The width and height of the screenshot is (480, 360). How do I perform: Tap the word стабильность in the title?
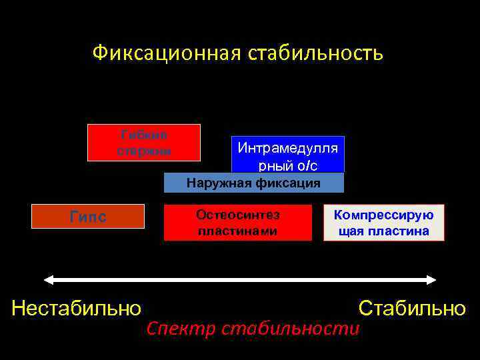[315, 52]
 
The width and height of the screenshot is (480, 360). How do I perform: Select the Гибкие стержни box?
[144, 143]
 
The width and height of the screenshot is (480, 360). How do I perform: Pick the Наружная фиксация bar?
[254, 183]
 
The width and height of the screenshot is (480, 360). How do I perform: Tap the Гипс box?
[89, 217]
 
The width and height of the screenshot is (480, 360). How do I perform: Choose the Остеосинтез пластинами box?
[238, 223]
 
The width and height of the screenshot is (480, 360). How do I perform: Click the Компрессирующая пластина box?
[383, 223]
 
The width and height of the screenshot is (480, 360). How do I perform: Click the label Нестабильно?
[77, 308]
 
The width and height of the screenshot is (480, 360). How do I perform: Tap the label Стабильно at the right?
[412, 308]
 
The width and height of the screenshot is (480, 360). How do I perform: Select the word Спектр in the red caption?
[181, 328]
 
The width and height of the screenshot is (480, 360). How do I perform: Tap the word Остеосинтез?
[238, 215]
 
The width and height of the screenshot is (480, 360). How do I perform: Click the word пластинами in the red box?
[238, 231]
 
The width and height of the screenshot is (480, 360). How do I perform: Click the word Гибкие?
[144, 135]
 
